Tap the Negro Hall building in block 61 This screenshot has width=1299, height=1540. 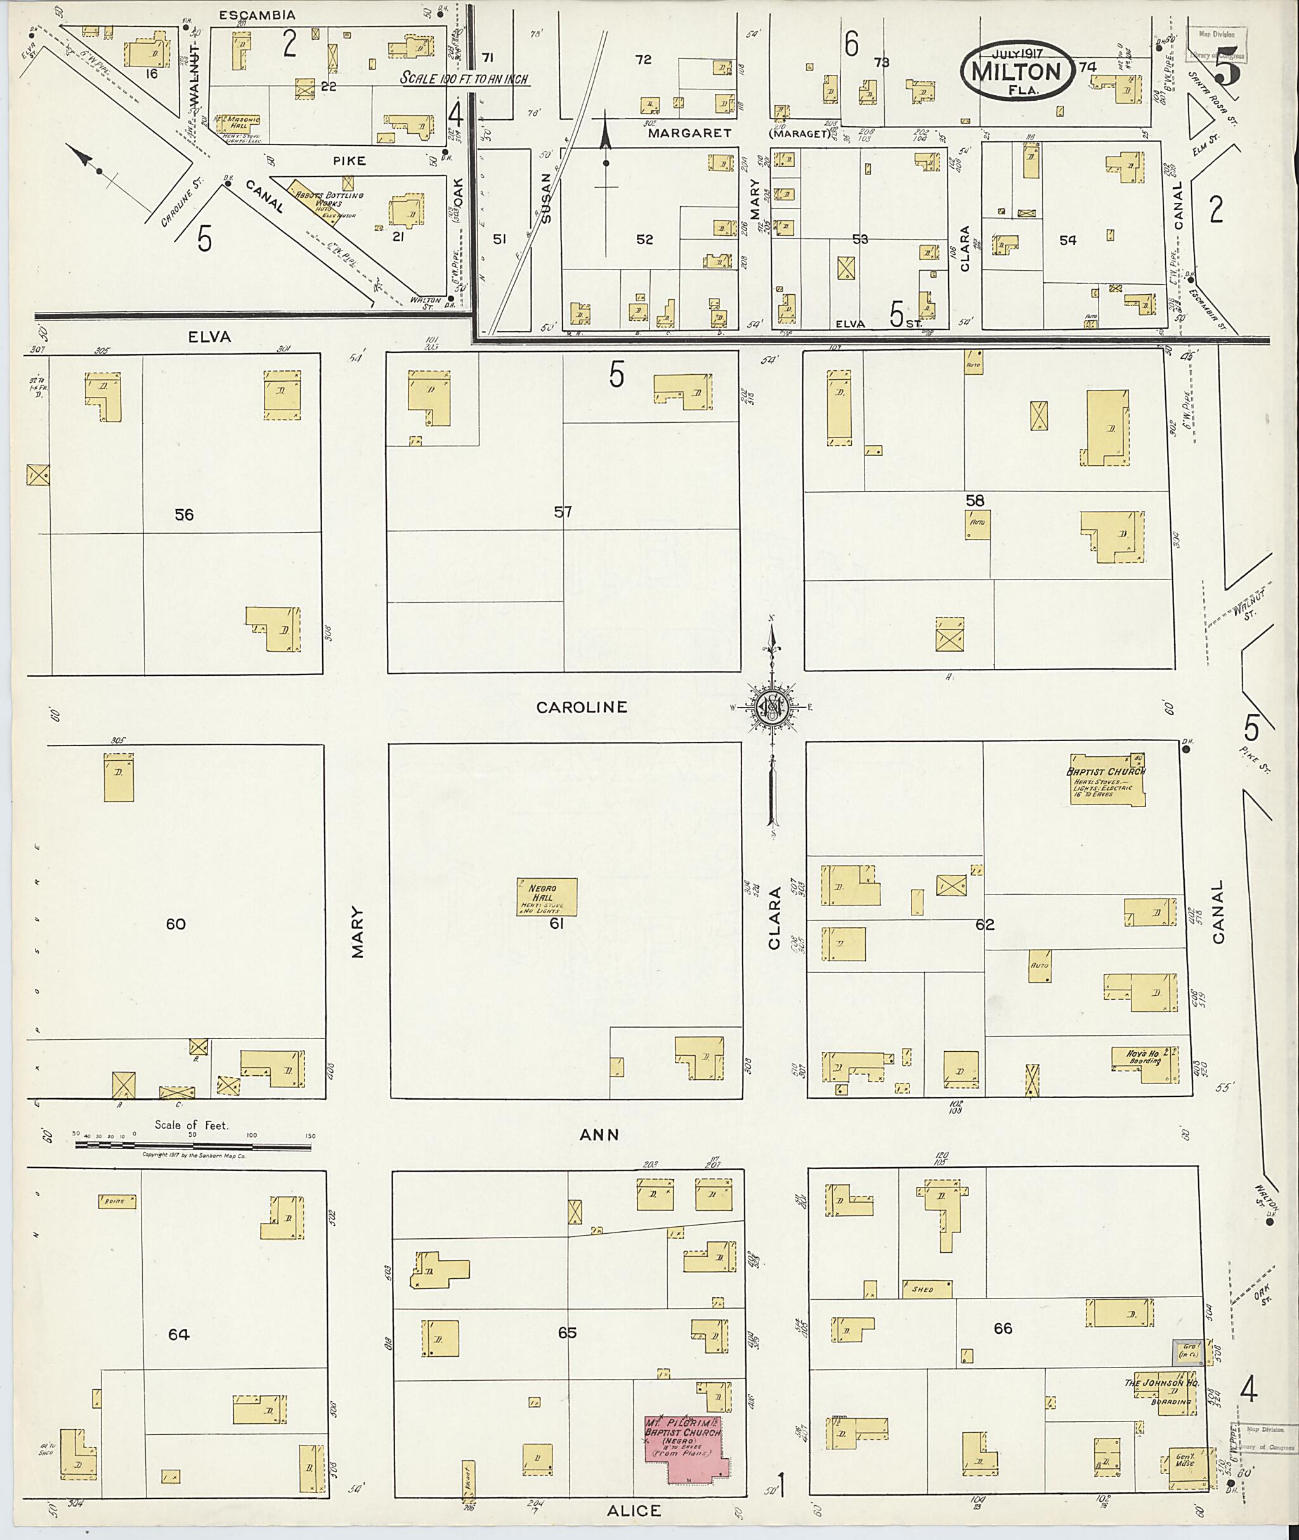(546, 896)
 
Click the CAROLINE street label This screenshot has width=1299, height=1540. (581, 708)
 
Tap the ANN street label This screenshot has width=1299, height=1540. (599, 1135)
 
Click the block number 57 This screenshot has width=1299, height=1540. (563, 512)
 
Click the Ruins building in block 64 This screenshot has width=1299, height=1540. (118, 1201)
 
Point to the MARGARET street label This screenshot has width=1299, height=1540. (689, 133)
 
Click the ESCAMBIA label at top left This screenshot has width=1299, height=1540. (257, 15)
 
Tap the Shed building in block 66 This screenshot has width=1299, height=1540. (927, 1290)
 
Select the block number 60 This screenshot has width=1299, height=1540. (175, 924)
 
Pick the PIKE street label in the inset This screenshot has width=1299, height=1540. (348, 160)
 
